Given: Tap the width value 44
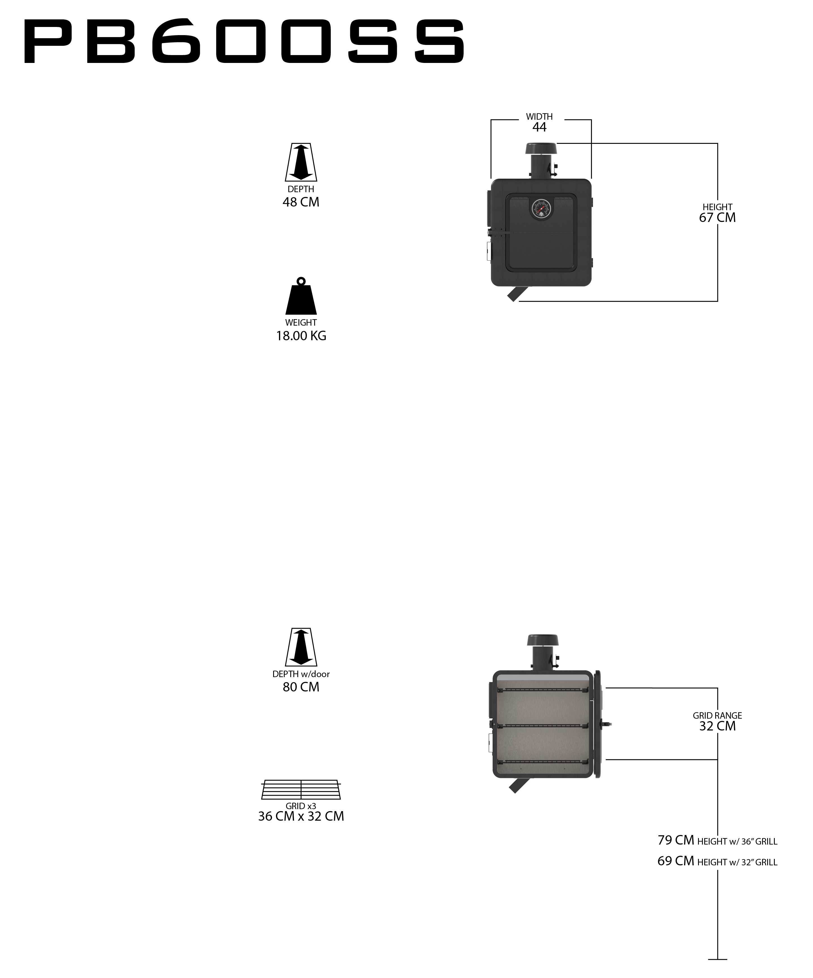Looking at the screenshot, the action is pyautogui.click(x=540, y=127).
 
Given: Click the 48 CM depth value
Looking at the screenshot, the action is pyautogui.click(x=301, y=202).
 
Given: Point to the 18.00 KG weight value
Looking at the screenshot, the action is pyautogui.click(x=301, y=336).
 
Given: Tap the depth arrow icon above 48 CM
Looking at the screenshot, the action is pyautogui.click(x=301, y=162).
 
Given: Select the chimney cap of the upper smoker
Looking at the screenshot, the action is pyautogui.click(x=540, y=149).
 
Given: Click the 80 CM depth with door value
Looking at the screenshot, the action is pyautogui.click(x=301, y=687).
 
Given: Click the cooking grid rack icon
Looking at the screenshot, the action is pyautogui.click(x=301, y=789).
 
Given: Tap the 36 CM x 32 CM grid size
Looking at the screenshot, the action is pyautogui.click(x=301, y=816).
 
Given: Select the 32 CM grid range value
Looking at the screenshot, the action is pyautogui.click(x=717, y=726).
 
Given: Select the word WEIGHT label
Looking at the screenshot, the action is pyautogui.click(x=301, y=322).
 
